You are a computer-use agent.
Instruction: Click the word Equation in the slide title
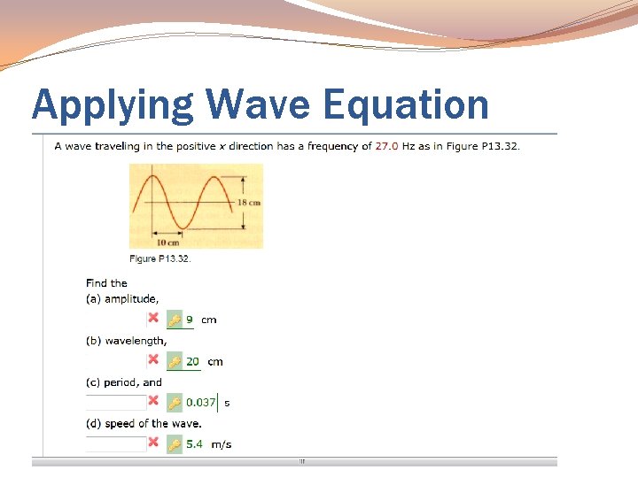[405, 104]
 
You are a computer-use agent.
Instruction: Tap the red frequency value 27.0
[386, 146]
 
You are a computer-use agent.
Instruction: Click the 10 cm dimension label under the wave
[167, 242]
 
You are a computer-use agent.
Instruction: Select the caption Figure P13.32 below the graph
[159, 258]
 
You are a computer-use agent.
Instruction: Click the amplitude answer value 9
[189, 320]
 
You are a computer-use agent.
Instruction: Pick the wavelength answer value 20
[192, 361]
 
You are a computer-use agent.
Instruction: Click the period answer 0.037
[200, 403]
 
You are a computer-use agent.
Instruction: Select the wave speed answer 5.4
[193, 444]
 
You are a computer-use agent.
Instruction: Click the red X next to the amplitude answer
[153, 318]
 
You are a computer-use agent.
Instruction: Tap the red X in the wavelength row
[153, 359]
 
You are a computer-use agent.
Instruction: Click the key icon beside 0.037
[175, 403]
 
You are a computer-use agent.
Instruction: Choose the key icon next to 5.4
[175, 444]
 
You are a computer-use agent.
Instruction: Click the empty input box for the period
[115, 402]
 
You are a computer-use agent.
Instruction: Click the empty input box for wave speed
[115, 443]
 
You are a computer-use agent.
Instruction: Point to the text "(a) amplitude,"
[122, 299]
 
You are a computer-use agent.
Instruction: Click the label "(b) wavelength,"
[126, 341]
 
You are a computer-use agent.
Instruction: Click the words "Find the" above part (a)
[106, 283]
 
